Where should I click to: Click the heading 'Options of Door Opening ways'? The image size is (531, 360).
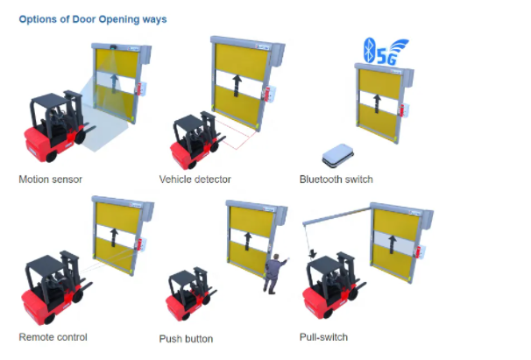click(93, 19)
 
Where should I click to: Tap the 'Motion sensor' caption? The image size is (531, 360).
click(51, 180)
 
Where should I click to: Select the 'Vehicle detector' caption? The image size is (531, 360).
click(195, 180)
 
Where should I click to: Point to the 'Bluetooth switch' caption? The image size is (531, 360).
click(336, 180)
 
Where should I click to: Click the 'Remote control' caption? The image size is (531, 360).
click(53, 337)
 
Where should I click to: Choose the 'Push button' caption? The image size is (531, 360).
click(186, 339)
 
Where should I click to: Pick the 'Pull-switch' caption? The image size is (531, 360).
click(323, 337)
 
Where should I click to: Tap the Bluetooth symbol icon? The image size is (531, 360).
click(369, 50)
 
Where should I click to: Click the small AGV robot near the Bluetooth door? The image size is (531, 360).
click(337, 155)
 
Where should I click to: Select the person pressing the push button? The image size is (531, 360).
click(274, 273)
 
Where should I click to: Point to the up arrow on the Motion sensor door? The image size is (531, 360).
click(115, 83)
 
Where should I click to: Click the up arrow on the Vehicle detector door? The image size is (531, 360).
click(237, 86)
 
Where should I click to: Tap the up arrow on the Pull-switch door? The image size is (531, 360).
click(393, 244)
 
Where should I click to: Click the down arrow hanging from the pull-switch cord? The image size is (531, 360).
click(313, 254)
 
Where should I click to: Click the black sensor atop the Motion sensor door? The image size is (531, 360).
click(113, 46)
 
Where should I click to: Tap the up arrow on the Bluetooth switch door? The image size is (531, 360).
click(377, 103)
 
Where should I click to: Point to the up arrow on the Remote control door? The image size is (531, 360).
click(114, 237)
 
